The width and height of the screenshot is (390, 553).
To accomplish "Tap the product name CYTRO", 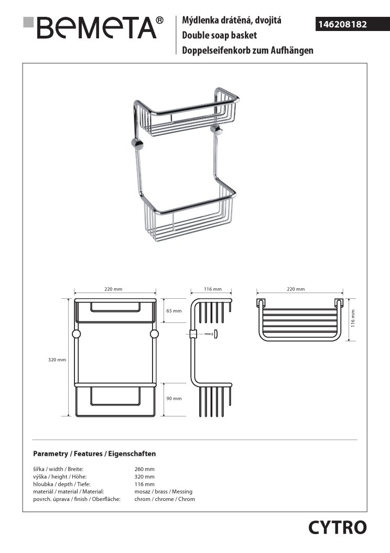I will point(337,527).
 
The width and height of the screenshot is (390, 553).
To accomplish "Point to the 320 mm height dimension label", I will point(57,360).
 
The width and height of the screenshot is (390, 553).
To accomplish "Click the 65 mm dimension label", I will point(174,311).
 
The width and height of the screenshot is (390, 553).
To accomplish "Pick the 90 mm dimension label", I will point(174,399).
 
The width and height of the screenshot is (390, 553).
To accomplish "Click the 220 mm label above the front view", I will point(114,289).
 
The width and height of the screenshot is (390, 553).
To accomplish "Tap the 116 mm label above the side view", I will point(213,289).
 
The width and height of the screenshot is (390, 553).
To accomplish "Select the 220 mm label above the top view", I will point(296,289).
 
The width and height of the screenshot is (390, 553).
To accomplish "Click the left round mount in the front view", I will point(75,334).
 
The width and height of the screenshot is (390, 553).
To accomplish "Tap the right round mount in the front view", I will point(154,334).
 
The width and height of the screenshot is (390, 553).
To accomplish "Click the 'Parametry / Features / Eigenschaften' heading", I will point(94,453).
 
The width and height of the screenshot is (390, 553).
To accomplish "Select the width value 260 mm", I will point(145,469).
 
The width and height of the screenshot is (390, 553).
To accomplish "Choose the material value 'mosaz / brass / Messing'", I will point(164,492).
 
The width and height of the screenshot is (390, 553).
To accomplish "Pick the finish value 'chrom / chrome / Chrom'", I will point(165,499).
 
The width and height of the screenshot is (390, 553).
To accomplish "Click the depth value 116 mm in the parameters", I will point(145,484).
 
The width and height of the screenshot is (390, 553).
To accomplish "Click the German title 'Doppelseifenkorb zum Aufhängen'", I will point(247,50).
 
